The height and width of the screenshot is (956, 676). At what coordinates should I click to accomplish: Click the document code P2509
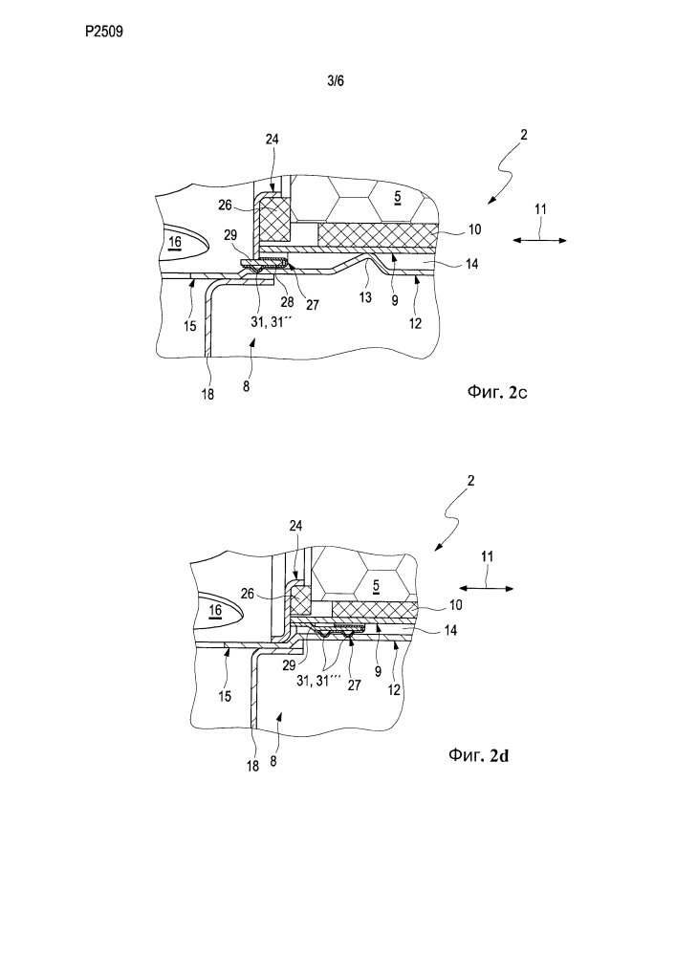104,32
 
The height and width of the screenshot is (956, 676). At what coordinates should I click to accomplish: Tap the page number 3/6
336,80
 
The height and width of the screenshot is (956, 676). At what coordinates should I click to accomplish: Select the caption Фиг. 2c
497,392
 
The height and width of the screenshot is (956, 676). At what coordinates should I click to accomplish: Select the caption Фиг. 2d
478,755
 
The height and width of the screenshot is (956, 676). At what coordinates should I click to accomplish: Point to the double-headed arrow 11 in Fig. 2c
540,240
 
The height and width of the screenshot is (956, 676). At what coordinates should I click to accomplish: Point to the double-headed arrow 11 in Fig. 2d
487,588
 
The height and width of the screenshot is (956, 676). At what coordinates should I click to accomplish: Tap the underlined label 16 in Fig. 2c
175,243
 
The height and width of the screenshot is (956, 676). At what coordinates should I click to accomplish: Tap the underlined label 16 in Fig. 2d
215,610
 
